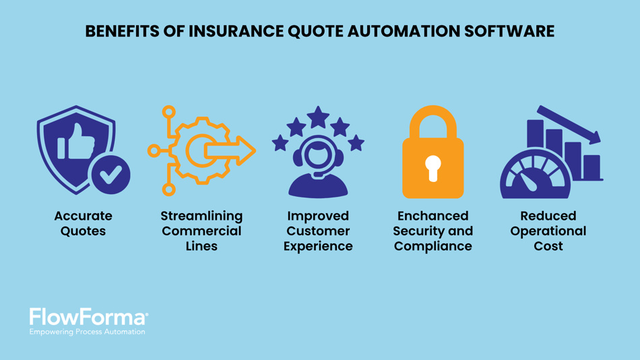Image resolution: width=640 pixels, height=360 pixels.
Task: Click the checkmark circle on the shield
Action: pos(110,175)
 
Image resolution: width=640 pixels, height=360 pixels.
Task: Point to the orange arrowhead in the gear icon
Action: pos(245,150)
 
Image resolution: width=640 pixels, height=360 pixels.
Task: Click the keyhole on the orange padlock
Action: pos(433,167)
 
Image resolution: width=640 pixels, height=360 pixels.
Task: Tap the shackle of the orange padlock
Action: pos(433,121)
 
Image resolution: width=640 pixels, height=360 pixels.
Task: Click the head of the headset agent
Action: pos(318,156)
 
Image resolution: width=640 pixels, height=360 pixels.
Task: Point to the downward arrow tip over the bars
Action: pos(596,140)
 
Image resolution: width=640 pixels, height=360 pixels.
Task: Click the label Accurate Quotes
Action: pos(83,223)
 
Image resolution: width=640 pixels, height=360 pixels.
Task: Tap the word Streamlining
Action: pos(201,216)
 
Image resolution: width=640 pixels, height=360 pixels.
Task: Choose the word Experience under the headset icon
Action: pos(318,246)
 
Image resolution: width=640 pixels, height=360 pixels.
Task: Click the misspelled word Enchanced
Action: pos(433,216)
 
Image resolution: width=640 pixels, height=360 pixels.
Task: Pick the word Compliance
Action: pos(433,246)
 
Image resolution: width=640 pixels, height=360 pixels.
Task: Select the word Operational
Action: pos(548,231)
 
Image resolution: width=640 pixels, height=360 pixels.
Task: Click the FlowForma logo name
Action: pos(88,318)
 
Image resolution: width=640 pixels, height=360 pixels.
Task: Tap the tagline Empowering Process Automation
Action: pos(87,332)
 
